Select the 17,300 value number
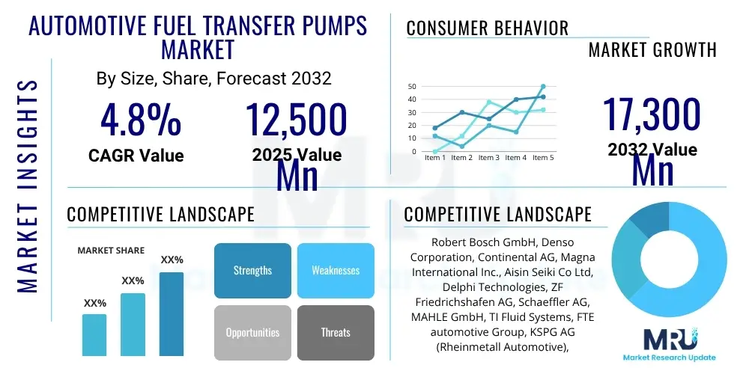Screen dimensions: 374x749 (652, 114)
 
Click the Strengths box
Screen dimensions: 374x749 (252, 270)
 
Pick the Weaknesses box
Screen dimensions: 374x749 (336, 270)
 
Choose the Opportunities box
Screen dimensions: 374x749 (252, 332)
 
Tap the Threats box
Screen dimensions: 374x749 (336, 332)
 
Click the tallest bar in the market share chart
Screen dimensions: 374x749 (172, 313)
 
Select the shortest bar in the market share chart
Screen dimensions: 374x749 (94, 334)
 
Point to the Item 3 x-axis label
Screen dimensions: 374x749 (489, 158)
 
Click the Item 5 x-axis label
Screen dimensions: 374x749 (543, 158)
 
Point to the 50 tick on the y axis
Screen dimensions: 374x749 (411, 87)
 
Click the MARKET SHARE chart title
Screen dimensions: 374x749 (111, 251)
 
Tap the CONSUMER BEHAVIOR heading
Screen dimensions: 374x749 (488, 28)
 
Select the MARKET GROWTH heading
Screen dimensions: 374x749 (652, 50)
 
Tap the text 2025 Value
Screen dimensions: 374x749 (297, 155)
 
